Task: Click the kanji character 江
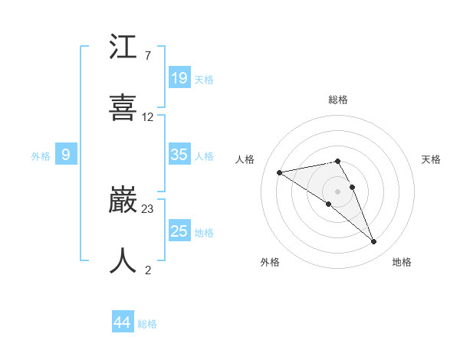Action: [x=123, y=48]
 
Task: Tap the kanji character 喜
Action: [x=123, y=107]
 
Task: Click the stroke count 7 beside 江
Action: [x=147, y=56]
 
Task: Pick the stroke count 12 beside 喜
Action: [x=148, y=117]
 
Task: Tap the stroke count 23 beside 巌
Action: [x=148, y=208]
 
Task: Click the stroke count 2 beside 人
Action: [x=147, y=270]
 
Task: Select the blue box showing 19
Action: [x=179, y=77]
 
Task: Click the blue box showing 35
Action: [x=179, y=155]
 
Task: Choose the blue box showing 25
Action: [x=179, y=231]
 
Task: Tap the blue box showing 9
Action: [x=66, y=155]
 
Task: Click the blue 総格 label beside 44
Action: [x=147, y=324]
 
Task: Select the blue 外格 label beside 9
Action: [x=41, y=156]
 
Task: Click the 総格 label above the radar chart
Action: [x=338, y=100]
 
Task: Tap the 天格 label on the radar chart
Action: [x=432, y=159]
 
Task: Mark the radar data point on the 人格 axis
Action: [x=280, y=172]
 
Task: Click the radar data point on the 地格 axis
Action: [x=374, y=242]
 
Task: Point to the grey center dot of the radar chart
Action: [x=338, y=191]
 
